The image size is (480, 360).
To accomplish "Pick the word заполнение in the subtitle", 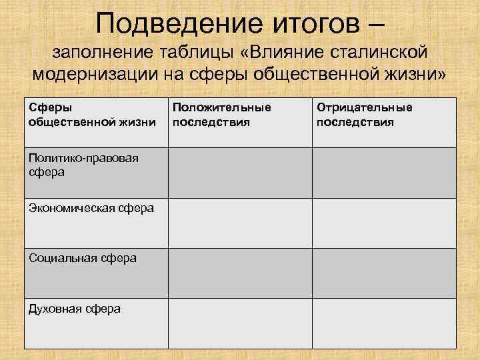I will coord(102,51).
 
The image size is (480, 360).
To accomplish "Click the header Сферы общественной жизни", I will coord(92,115).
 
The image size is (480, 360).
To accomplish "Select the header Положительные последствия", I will coord(222,115).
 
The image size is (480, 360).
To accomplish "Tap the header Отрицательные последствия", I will coord(364,115).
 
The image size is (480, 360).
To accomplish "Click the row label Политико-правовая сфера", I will coord(74,165).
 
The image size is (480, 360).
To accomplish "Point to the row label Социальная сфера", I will coord(83,257).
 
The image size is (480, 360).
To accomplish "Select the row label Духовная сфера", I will coord(75,308).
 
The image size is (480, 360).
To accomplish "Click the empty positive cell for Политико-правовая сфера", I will coord(239,173).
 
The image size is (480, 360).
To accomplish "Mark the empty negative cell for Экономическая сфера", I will coord(385,223).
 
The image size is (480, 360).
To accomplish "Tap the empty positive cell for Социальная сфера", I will coord(239,273).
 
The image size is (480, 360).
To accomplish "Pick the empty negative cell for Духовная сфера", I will coord(385,323).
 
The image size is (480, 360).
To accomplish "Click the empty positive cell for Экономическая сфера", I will coord(239,223).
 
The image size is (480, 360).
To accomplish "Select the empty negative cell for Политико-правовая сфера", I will coord(385,173).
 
